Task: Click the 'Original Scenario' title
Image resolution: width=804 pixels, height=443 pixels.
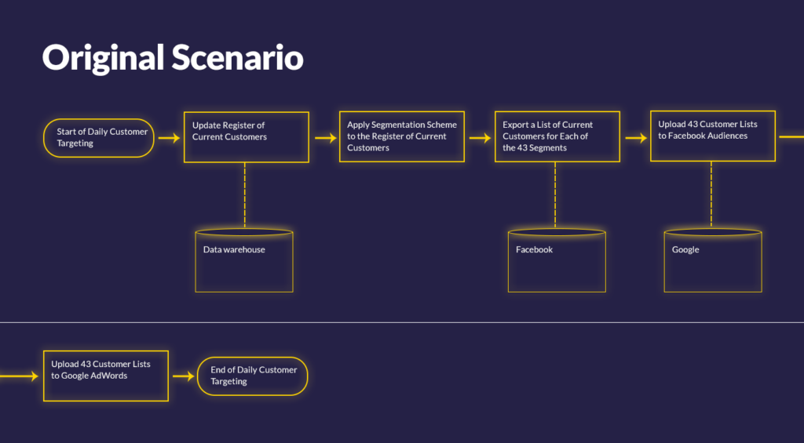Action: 172,57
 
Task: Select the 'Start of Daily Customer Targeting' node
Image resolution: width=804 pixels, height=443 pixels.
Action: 98,138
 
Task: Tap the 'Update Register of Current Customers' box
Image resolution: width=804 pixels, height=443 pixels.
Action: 246,136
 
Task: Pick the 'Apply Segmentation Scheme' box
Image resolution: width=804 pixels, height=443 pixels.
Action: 401,136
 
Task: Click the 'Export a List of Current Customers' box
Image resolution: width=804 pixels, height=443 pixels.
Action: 557,136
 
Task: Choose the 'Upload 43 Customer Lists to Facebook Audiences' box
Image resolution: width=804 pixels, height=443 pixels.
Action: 713,136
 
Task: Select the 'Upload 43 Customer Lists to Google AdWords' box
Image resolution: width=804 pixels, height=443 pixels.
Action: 106,376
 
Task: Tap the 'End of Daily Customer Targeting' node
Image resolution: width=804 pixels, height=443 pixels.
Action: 252,376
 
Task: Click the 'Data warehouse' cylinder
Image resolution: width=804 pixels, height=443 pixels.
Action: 244,260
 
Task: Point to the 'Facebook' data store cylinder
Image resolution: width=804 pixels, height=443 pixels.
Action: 557,260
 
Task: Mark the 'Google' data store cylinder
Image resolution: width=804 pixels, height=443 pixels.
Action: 713,260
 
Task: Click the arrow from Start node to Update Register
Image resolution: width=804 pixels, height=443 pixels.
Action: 170,138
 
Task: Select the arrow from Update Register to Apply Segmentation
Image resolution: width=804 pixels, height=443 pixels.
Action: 326,138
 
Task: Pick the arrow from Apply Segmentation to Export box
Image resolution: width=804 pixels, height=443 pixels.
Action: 481,138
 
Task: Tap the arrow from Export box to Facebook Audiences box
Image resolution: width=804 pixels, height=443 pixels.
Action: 636,138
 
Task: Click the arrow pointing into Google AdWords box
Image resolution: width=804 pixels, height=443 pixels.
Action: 19,376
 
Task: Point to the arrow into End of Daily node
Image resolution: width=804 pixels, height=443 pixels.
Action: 184,376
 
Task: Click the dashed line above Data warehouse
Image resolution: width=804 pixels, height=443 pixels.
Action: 245,196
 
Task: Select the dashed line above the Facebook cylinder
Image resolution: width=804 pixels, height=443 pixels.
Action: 555,195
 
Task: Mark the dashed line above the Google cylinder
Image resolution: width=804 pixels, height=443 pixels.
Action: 711,194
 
